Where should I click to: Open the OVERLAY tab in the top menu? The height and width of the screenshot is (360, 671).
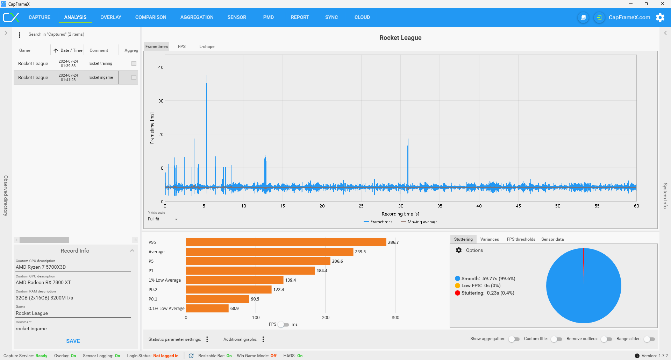click(x=110, y=17)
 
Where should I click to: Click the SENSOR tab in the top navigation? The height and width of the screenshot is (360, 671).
click(x=237, y=17)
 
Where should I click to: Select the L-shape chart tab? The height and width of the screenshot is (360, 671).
click(x=207, y=47)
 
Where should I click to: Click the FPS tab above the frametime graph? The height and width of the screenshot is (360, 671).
click(x=181, y=47)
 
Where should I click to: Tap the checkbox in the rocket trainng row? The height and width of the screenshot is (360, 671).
click(x=134, y=63)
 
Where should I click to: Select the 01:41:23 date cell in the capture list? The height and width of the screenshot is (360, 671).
click(x=68, y=78)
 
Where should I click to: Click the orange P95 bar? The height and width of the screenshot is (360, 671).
click(x=286, y=242)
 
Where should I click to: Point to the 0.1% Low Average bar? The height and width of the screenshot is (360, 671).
click(x=207, y=308)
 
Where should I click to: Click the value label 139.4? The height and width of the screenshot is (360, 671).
click(x=290, y=280)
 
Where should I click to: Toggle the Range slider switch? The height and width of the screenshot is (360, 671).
click(x=649, y=339)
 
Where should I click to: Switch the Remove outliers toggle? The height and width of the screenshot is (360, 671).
click(x=606, y=339)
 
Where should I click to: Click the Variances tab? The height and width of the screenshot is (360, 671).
click(x=489, y=239)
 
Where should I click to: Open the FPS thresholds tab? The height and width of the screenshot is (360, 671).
click(x=521, y=239)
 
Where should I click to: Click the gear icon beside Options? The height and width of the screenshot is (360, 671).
click(x=459, y=250)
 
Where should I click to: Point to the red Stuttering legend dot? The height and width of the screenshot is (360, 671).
click(x=457, y=293)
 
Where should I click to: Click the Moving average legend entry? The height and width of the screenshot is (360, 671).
click(x=419, y=222)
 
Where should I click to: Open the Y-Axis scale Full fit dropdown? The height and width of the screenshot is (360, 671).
click(x=163, y=219)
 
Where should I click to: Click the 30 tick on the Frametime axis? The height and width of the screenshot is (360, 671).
click(x=161, y=101)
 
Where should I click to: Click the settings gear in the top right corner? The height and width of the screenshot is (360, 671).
click(x=660, y=17)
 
